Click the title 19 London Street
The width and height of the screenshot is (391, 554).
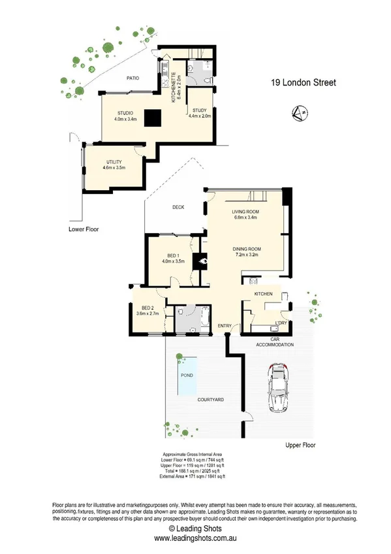tap(304, 83)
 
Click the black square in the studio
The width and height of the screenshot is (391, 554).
tap(153, 118)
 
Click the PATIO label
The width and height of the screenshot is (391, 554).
tap(134, 78)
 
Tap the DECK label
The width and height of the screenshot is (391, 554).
tap(178, 207)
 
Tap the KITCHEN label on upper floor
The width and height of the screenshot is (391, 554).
tap(263, 295)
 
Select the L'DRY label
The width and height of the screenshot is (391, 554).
tap(281, 323)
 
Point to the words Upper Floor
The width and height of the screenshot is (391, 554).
tap(300, 444)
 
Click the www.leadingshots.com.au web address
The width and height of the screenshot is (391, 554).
tap(195, 538)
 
